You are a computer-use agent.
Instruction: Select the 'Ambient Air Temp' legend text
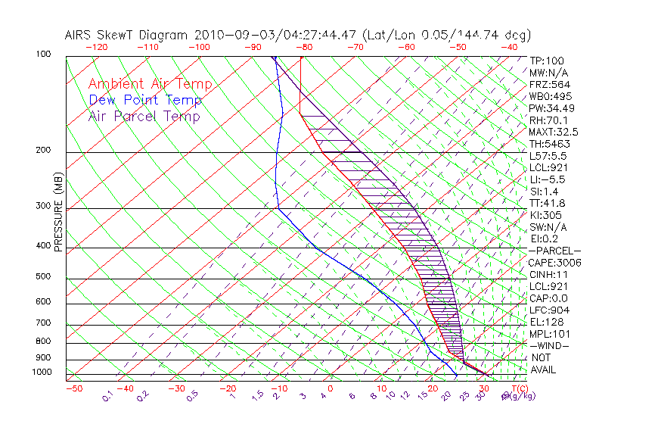pos(150,85)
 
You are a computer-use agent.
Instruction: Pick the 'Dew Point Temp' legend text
pos(145,101)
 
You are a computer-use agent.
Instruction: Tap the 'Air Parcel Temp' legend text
pos(144,117)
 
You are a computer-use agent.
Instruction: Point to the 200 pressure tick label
pos(43,151)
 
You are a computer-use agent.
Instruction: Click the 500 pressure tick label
pos(43,277)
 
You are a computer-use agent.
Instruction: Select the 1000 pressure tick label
pos(42,373)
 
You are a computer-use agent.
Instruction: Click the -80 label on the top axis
pos(304,47)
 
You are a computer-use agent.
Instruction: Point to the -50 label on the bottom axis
pos(73,389)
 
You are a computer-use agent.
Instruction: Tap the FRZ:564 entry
pos(549,85)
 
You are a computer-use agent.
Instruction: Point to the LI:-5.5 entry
pos(548,179)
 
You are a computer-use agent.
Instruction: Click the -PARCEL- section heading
pos(554,251)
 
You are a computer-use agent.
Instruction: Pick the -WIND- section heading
pos(550,346)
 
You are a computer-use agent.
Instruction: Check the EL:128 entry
pos(545,323)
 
